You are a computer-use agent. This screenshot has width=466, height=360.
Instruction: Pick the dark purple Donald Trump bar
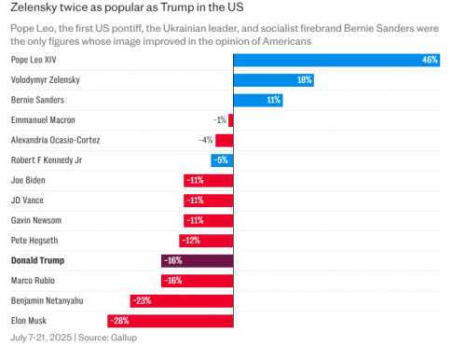tap(197, 260)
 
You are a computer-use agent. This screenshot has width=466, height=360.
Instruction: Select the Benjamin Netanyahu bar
tap(181, 300)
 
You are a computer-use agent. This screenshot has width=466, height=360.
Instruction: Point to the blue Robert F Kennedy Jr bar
tap(222, 160)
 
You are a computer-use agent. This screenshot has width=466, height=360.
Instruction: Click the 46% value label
tap(429, 60)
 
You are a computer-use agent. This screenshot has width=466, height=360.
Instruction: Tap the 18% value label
tap(304, 80)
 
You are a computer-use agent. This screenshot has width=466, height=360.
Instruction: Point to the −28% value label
tap(118, 321)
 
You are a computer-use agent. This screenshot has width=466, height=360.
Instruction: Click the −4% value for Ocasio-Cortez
tap(205, 140)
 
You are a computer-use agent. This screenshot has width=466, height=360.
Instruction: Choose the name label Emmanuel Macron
tap(43, 120)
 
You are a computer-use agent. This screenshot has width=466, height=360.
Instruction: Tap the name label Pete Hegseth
tap(35, 241)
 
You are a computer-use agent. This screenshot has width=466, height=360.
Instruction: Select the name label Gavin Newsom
tap(36, 220)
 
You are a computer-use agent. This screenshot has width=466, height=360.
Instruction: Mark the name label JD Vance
tap(27, 201)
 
